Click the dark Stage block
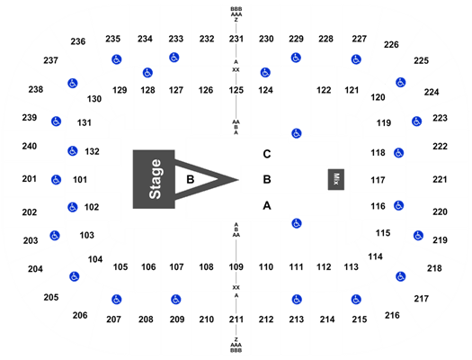[154, 179]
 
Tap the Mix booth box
[336, 179]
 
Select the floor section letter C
[267, 154]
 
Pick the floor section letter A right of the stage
[267, 206]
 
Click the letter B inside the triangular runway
[191, 179]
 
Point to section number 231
[236, 39]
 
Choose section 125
[236, 90]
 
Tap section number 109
[236, 266]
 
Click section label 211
[236, 319]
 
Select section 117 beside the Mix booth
[378, 180]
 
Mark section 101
[80, 179]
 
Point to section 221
[440, 179]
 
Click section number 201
[29, 178]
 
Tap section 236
[78, 41]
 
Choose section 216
[392, 315]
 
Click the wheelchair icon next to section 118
[398, 153]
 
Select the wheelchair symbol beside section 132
[73, 151]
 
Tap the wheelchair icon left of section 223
[416, 121]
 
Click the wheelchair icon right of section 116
[398, 206]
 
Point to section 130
[94, 98]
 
